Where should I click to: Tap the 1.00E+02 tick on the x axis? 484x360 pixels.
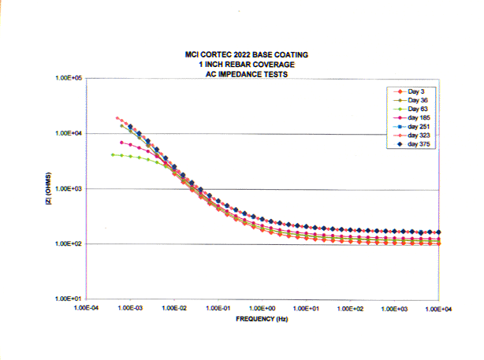coord(351,310)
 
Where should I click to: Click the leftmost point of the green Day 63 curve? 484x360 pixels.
coord(113,154)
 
